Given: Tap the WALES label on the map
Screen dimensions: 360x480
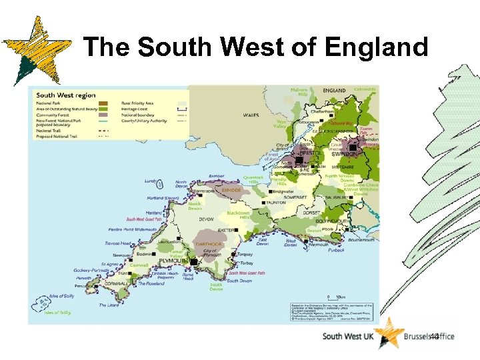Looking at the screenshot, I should pyautogui.click(x=251, y=115).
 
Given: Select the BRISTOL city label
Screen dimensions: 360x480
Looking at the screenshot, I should pyautogui.click(x=311, y=153).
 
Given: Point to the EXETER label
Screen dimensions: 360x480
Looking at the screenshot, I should pyautogui.click(x=226, y=230).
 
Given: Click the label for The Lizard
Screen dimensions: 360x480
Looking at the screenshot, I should pyautogui.click(x=109, y=305).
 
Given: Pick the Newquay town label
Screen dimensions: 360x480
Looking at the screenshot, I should pyautogui.click(x=122, y=255).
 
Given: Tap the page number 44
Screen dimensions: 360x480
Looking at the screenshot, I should pyautogui.click(x=434, y=337).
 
